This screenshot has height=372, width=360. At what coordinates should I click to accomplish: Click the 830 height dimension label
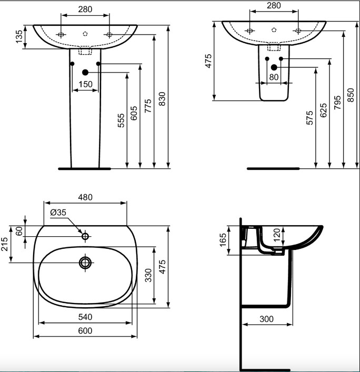(x=162, y=99)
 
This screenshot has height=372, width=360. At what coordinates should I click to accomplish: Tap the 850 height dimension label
(x=351, y=95)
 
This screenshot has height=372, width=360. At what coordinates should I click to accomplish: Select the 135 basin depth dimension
(x=19, y=37)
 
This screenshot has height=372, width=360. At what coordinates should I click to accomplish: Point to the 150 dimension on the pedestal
(x=85, y=84)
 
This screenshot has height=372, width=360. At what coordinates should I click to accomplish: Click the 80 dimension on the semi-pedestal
(x=274, y=77)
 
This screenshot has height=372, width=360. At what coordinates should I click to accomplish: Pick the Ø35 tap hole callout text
(x=58, y=213)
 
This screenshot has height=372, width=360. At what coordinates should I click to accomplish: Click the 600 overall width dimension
(x=85, y=331)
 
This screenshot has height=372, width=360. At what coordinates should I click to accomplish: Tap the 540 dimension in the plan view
(x=85, y=317)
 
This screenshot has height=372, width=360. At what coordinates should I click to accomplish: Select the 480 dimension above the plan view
(x=85, y=197)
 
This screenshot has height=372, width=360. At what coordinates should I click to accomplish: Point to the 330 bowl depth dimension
(x=148, y=275)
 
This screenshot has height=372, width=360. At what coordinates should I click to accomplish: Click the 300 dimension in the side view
(x=266, y=319)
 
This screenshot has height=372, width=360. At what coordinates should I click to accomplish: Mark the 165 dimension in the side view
(x=223, y=240)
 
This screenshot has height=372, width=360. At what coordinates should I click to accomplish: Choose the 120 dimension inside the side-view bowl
(x=277, y=235)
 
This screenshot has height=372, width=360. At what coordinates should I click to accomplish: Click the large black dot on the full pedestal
(x=85, y=73)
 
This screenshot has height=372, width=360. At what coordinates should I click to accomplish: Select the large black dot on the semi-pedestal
(x=274, y=67)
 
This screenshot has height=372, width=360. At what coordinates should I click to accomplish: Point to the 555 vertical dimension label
(x=121, y=120)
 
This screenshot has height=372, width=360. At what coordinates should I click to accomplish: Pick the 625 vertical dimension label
(x=323, y=110)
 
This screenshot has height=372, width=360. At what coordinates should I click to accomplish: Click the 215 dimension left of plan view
(x=5, y=244)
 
